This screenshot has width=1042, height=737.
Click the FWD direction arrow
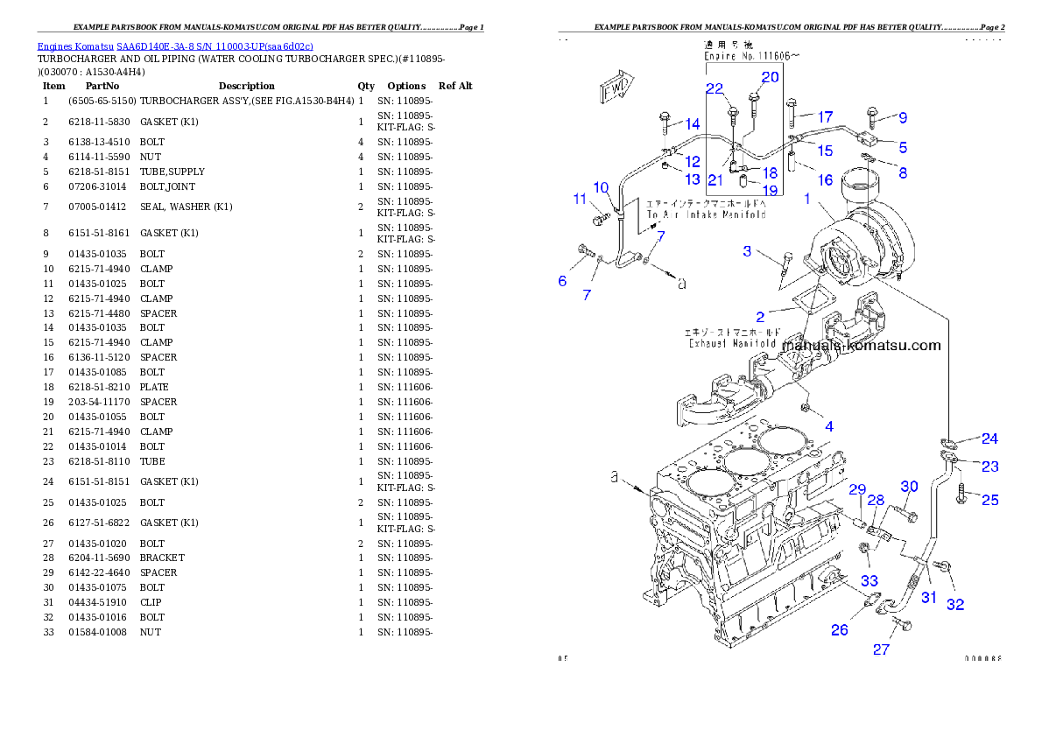616,88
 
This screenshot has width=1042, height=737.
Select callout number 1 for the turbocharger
807,199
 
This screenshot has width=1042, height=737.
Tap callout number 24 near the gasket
989,438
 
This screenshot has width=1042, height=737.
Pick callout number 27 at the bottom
881,649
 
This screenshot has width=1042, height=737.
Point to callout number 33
869,580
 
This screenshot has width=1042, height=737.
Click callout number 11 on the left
580,200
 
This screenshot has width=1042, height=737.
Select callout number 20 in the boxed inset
769,77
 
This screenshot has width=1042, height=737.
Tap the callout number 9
902,117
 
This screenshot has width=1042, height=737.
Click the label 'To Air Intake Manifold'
706,214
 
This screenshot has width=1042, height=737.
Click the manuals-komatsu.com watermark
861,345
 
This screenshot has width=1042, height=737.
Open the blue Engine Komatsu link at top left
175,46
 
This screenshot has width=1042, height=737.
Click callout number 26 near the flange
839,629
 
